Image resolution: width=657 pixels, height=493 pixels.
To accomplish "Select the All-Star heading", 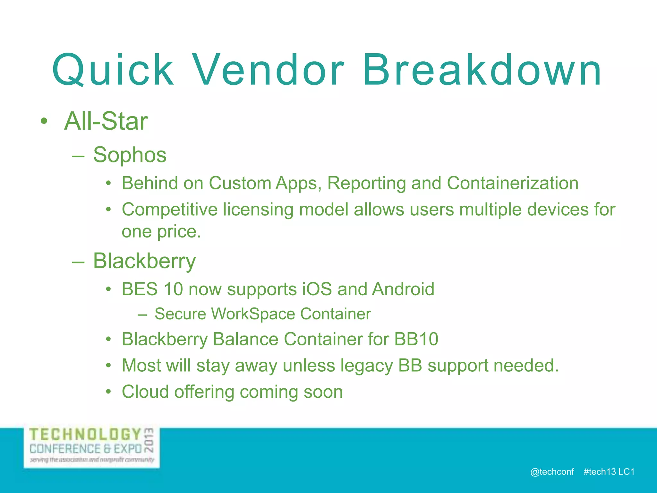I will tap(106, 121).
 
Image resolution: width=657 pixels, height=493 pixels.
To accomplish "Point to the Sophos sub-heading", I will tap(130, 155).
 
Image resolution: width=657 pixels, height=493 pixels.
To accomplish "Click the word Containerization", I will tap(512, 183).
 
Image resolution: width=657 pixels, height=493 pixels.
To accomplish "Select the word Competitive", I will tap(170, 210).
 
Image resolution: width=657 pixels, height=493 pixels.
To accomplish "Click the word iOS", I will tap(317, 289).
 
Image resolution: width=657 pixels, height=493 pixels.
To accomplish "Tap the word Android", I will tap(403, 289).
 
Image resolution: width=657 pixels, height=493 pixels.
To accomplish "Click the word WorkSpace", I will tap(253, 314).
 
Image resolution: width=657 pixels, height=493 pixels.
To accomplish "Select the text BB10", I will tap(416, 339).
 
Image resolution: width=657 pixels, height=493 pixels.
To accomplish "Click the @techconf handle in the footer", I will tap(552, 471).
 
